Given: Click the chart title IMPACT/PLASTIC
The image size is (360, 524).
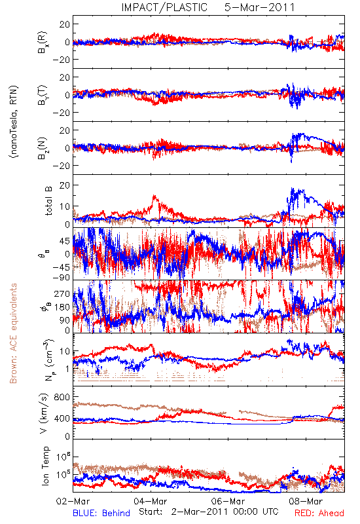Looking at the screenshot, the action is tap(164, 7).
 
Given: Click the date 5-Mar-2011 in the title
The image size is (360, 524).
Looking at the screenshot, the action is tap(259, 7).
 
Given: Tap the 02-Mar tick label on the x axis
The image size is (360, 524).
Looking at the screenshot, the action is tap(73, 501).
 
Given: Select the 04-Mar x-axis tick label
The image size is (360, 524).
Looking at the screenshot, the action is tap(151, 501).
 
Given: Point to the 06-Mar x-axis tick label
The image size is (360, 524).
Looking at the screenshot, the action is tap(228, 501).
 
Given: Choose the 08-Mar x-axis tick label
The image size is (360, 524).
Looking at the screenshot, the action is tap(306, 501).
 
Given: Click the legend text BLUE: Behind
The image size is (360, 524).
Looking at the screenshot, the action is tap(101, 513).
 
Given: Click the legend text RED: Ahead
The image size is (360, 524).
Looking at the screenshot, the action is tap(319, 513).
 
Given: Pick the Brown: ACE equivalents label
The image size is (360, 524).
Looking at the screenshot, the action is tap(13, 333).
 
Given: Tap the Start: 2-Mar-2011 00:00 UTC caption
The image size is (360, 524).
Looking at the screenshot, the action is tap(209, 512).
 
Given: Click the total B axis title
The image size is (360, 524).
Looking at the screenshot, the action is tap(48, 201).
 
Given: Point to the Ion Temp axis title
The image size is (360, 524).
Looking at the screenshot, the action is tap(45, 466).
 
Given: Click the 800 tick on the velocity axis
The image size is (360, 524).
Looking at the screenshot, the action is tap(62, 397).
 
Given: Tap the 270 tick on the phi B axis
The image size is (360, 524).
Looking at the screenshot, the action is tap(62, 293).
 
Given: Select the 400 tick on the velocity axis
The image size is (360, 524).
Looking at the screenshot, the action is tap(62, 419).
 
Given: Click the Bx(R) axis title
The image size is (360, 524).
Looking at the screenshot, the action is tap(43, 42).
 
